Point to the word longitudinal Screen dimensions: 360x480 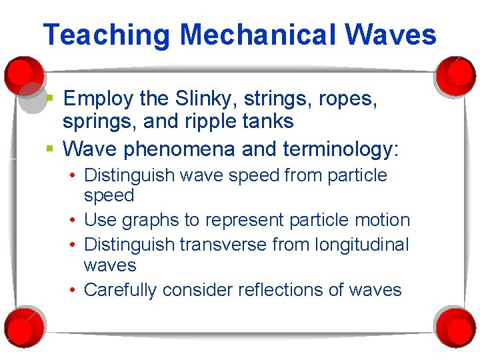coord(361,245)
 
